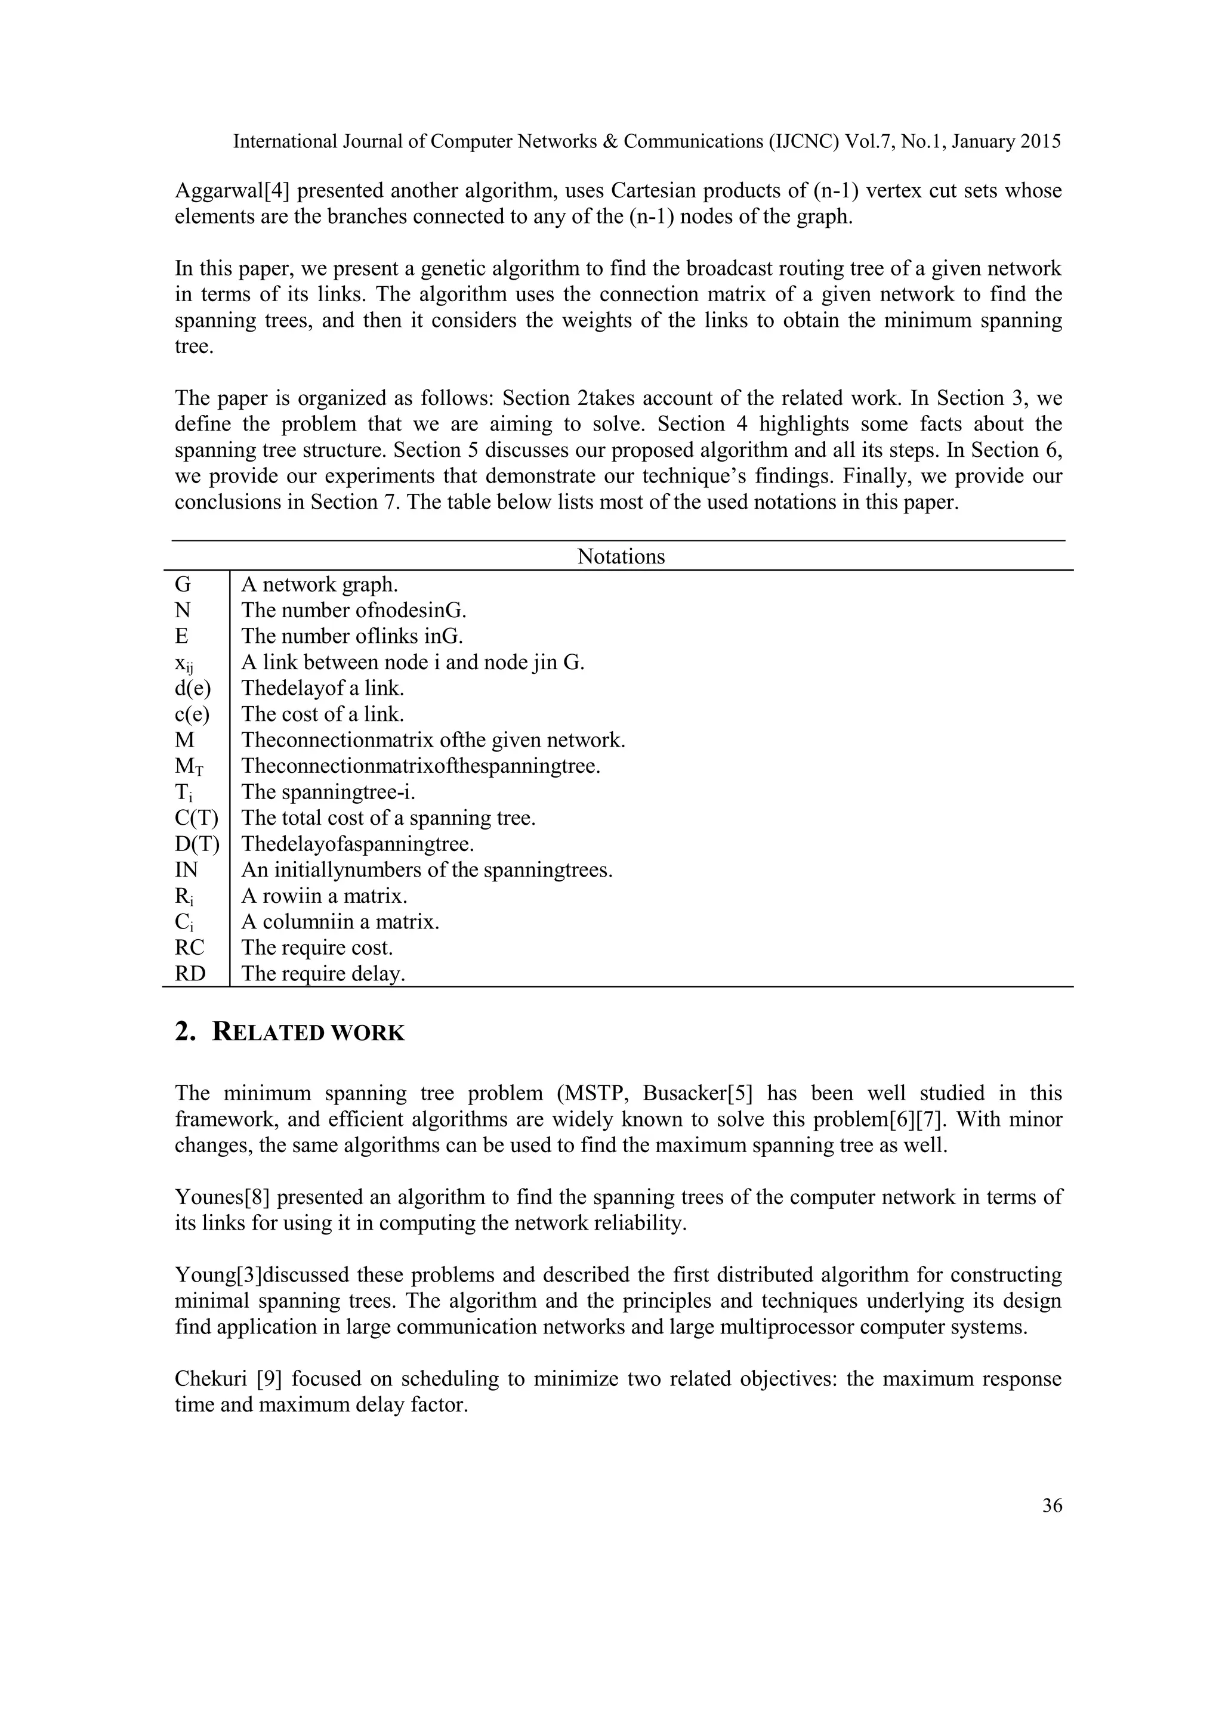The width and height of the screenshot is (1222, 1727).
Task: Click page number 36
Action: (x=1052, y=1505)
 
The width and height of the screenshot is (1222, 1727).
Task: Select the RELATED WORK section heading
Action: (x=290, y=1032)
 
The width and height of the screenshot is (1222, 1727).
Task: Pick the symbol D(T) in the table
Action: (x=196, y=844)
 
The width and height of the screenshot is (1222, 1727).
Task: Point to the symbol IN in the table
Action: (x=186, y=869)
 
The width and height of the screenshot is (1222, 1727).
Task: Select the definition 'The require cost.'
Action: (x=317, y=947)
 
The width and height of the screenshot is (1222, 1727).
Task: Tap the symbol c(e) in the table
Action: (x=193, y=713)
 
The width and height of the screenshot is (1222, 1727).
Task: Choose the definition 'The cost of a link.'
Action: (x=322, y=713)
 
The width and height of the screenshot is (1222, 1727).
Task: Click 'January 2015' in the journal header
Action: (x=1006, y=141)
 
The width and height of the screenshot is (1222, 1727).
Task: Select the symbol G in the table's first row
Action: (x=183, y=584)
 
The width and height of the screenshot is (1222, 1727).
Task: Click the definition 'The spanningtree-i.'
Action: (x=328, y=792)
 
